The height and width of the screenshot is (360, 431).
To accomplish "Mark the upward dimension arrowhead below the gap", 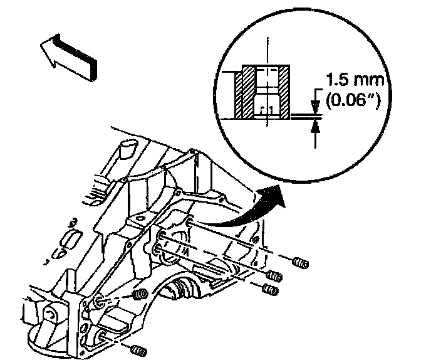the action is pyautogui.click(x=314, y=124).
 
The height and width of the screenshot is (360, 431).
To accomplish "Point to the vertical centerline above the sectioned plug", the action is pyautogui.click(x=267, y=50).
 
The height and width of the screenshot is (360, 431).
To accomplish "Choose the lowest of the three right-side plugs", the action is pyautogui.click(x=271, y=290).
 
